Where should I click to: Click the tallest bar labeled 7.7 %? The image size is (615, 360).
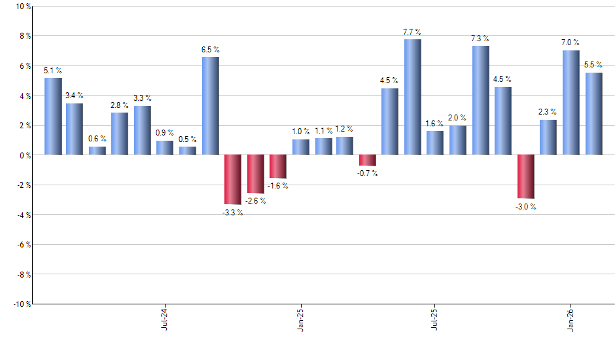[x=413, y=97]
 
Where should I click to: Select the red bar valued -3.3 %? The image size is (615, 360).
[x=233, y=179]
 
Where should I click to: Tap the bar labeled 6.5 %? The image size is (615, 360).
[x=211, y=106]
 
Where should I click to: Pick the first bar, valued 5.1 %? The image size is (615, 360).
[x=54, y=117]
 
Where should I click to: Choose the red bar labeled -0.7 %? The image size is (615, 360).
[x=368, y=160]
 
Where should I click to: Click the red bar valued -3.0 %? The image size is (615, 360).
[x=525, y=177]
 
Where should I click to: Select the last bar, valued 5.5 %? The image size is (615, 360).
[x=593, y=114]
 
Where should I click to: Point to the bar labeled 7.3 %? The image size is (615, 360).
[x=481, y=100]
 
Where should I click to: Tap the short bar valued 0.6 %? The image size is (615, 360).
[x=97, y=151]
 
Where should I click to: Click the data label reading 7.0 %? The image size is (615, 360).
[x=571, y=42]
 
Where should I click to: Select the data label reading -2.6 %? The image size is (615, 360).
[x=255, y=201]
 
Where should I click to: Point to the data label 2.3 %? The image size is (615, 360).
[x=548, y=112]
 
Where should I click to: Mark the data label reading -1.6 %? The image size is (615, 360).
[x=277, y=186]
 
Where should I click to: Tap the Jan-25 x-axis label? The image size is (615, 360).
[x=300, y=318]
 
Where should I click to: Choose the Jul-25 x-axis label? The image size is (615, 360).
[x=435, y=318]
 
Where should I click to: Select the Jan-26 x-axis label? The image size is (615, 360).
[x=571, y=318]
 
